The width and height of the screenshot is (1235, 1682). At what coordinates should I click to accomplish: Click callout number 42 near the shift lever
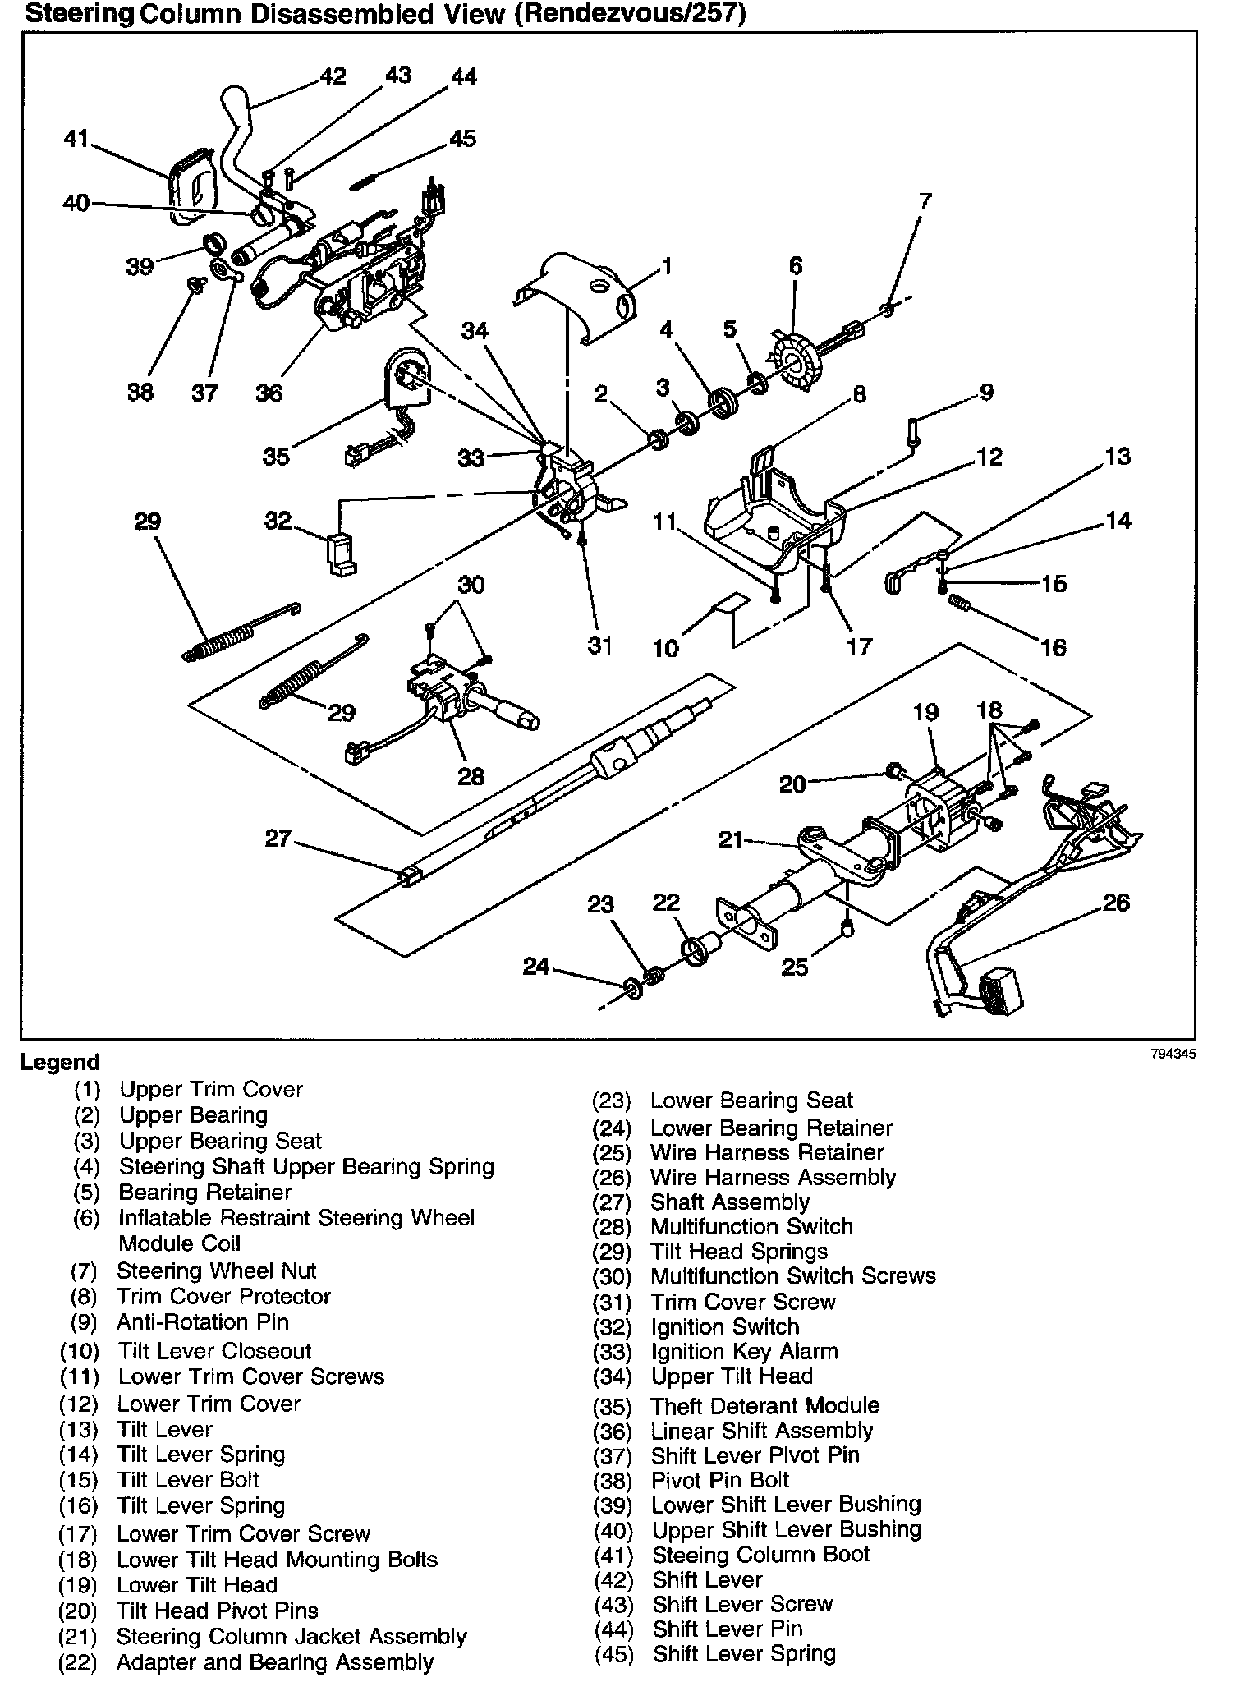pyautogui.click(x=333, y=76)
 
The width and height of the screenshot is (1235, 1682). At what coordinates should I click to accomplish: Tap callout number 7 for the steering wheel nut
pyautogui.click(x=925, y=201)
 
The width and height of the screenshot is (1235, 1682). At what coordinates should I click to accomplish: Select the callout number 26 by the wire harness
pyautogui.click(x=1116, y=903)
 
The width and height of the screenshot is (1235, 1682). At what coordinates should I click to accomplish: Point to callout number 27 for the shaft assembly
pyautogui.click(x=278, y=839)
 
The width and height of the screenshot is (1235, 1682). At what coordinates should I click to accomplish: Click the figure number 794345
pyautogui.click(x=1173, y=1055)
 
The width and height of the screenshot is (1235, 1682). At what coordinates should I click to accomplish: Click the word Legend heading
pyautogui.click(x=60, y=1063)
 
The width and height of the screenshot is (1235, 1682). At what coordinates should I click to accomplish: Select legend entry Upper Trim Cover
pyautogui.click(x=211, y=1090)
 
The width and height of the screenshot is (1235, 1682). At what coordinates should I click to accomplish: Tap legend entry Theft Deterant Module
pyautogui.click(x=764, y=1405)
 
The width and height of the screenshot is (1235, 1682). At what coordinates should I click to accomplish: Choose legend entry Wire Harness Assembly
pyautogui.click(x=773, y=1178)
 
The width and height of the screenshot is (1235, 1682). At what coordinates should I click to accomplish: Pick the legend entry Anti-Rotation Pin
pyautogui.click(x=202, y=1322)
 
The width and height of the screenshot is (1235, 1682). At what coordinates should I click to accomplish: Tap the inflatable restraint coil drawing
pyautogui.click(x=794, y=359)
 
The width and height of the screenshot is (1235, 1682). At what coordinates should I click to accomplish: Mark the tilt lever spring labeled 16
pyautogui.click(x=959, y=604)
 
